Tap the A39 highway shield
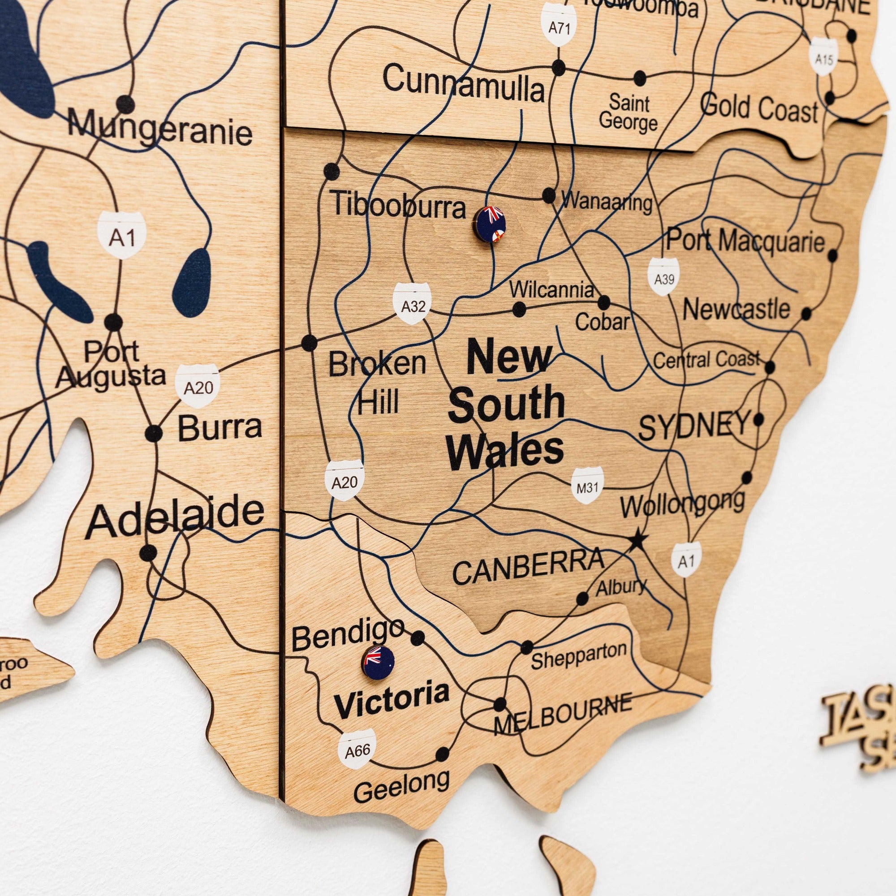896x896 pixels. pos(663,277)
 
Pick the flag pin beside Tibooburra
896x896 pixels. pos(490,224)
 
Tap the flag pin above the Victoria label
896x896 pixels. pos(379,662)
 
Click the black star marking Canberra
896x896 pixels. pos(638,539)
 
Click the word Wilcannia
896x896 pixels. pos(551,290)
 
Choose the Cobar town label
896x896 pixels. pos(602,322)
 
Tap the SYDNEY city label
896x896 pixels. pos(694,426)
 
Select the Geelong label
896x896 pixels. pos(401,785)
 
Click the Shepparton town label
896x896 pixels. pos(578,655)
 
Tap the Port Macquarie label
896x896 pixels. pos(745,241)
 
